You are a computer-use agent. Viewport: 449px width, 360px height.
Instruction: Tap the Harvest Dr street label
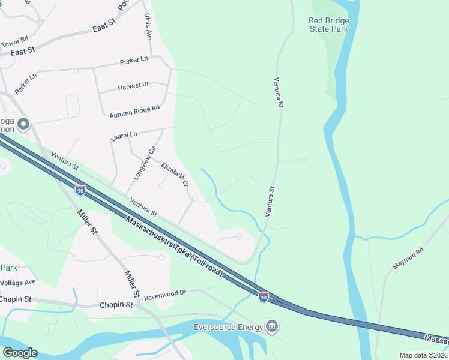pos(133,86)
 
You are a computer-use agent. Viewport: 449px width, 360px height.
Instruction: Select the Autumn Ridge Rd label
pos(134,111)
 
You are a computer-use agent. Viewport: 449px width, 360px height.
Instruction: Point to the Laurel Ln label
pos(124,136)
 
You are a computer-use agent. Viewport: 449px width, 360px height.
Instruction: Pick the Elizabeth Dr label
pos(175,174)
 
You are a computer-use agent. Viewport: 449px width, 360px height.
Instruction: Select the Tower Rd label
pos(14,43)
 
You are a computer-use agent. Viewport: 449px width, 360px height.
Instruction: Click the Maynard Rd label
pos(409,257)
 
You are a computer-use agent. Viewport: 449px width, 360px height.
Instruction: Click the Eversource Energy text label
pos(228,327)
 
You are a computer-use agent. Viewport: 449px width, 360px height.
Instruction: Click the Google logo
pos(20,353)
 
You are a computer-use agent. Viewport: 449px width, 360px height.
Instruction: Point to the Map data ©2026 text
pos(423,355)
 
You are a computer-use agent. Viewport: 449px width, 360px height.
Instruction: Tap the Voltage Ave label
pos(18,282)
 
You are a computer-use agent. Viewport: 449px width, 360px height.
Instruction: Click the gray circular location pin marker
pos(23,124)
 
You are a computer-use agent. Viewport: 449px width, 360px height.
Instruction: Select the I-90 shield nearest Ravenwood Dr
pos(264,296)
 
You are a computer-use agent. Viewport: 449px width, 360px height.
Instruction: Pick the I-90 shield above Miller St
pos(80,190)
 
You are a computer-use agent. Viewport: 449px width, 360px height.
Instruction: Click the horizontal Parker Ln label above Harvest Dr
pos(134,61)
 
